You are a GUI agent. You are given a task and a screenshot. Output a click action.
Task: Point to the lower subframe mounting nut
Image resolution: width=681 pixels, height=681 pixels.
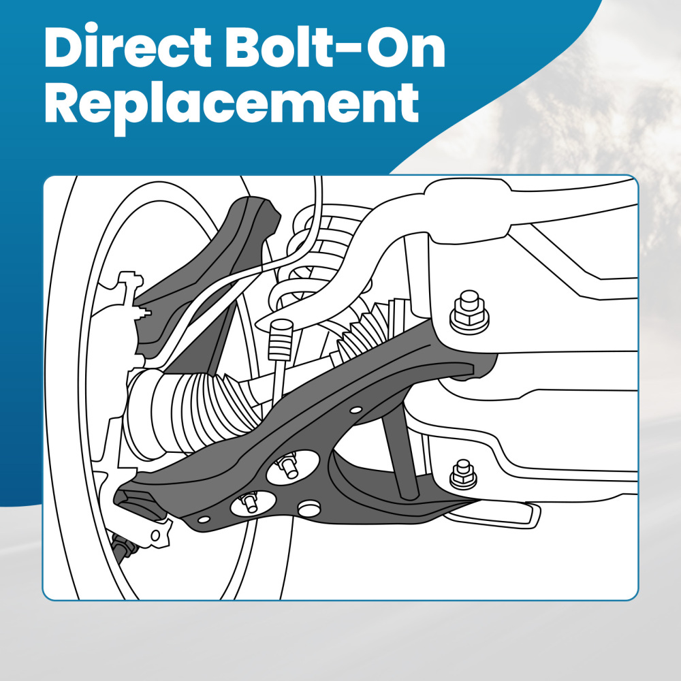click(x=463, y=473)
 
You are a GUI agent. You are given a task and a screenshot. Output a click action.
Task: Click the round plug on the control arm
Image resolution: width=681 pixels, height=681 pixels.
click(x=310, y=508)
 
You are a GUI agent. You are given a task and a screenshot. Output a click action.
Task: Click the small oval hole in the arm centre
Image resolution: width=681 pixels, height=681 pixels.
click(x=355, y=411)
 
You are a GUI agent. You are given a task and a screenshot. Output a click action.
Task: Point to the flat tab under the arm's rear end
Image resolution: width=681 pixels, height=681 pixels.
click(x=504, y=514)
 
